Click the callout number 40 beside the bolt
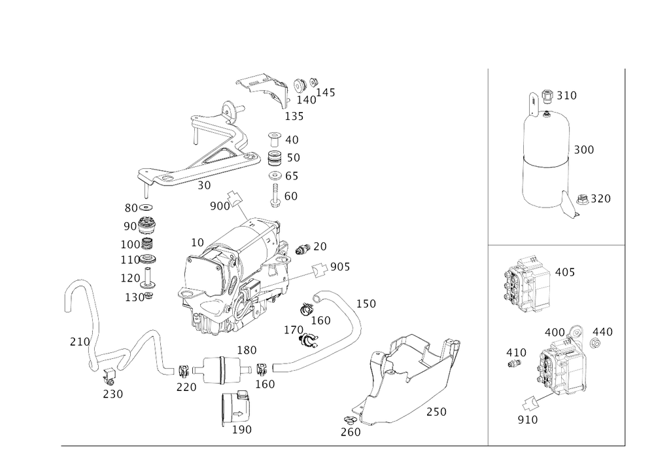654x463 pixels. coord(292,139)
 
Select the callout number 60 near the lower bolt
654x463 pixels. coord(291,195)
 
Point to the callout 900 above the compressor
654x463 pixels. coord(220,206)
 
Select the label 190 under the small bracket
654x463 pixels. coord(242,431)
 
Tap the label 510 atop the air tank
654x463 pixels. coord(566,96)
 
